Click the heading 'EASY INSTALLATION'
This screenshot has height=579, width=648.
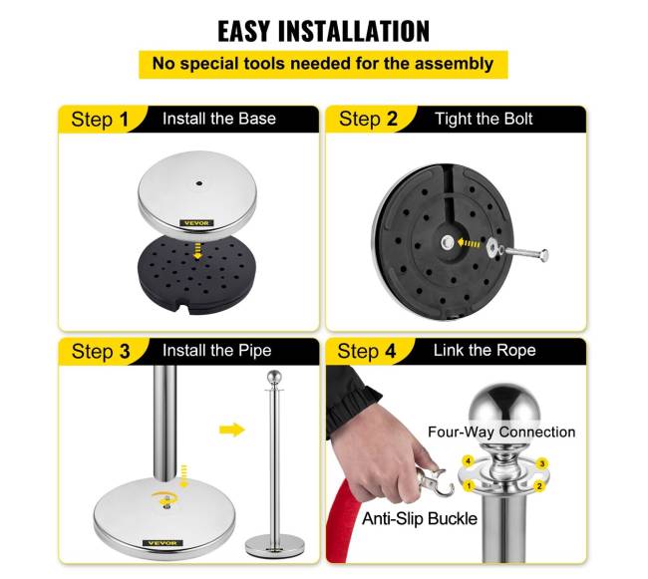coord(324,31)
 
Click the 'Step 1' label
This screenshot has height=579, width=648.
coord(100,120)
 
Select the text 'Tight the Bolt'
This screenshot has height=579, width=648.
coord(484,119)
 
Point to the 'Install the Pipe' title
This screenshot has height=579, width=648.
coord(217,351)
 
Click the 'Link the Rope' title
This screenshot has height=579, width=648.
coord(485,350)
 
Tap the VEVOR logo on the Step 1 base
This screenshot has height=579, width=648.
coord(196,223)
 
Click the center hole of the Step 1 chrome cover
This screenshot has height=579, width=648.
coord(199,183)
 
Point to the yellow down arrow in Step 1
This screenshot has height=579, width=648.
coord(198,251)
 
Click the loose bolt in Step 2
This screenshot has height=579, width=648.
coord(524,252)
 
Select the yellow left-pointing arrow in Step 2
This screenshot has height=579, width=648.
coord(469,243)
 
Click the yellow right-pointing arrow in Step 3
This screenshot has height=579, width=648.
coord(232,430)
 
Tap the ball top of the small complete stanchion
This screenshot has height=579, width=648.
coord(274,378)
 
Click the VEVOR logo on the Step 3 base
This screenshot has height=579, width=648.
coord(162,543)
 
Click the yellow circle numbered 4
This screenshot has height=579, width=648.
coord(468,460)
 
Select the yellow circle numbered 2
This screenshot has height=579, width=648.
coord(539,486)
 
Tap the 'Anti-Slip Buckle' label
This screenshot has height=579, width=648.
coord(420,518)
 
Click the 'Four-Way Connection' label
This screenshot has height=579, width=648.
coord(501,432)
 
